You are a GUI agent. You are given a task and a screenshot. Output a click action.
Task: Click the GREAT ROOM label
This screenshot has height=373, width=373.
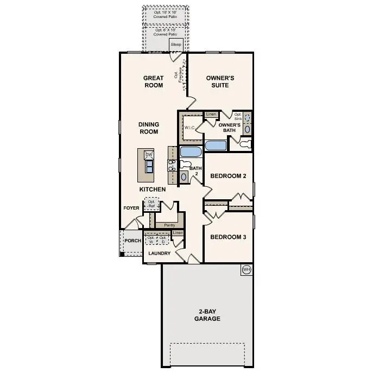154,81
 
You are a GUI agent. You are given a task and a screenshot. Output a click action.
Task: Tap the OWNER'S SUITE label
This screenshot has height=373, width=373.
220,81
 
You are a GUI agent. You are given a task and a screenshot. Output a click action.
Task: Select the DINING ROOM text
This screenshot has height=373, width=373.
148,128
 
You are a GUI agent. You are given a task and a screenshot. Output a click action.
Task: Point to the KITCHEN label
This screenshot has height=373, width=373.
153,189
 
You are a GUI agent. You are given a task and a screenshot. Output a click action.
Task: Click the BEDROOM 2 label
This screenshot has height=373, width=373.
229,176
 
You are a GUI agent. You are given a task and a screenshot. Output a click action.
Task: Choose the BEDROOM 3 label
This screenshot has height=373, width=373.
229,237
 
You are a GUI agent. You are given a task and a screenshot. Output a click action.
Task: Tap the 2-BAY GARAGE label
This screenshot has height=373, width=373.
207,315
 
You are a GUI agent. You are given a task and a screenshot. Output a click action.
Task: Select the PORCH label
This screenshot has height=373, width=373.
132,241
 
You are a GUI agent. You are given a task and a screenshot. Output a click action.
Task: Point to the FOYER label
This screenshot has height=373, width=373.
132,207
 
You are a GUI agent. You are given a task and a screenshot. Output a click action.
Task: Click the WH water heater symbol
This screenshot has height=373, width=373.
246,269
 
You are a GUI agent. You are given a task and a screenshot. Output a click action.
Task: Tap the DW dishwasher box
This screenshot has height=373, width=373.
148,155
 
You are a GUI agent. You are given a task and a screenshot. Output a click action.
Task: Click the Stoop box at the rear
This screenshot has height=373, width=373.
175,45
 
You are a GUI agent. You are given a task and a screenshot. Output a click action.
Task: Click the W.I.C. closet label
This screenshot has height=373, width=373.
189,128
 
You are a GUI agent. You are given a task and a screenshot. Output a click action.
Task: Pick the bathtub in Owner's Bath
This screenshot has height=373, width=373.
216,146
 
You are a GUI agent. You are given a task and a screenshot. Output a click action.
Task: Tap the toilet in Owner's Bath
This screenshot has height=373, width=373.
245,144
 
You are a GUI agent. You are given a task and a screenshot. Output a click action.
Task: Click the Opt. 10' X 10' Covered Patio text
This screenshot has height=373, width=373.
166,13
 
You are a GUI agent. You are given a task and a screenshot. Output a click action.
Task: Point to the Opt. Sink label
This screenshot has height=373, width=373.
238,116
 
